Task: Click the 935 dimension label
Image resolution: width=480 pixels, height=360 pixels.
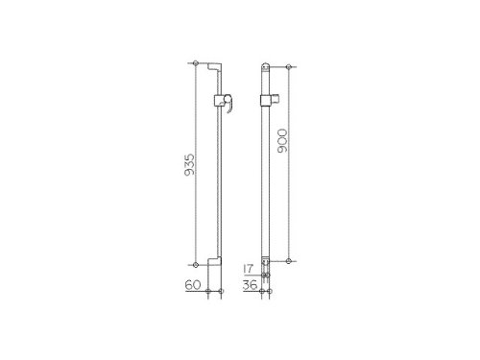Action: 190,165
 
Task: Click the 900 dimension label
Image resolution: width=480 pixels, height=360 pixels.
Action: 283,140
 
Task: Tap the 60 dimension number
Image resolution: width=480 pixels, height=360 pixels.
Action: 193,285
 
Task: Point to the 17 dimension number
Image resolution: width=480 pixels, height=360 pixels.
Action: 249,269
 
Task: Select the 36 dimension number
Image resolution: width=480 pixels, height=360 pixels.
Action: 250,285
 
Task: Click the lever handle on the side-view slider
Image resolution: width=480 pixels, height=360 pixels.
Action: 228,103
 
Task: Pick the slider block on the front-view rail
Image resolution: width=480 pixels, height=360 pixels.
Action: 265,100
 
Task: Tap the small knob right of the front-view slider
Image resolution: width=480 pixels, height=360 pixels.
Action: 276,98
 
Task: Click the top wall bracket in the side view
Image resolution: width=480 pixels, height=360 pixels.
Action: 214,67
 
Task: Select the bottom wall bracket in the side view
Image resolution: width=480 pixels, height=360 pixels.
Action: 214,261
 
